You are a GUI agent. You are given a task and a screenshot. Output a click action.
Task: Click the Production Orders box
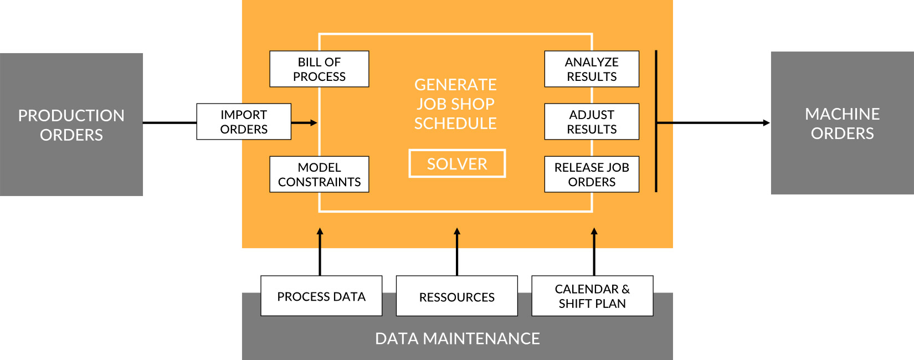(x=71, y=125)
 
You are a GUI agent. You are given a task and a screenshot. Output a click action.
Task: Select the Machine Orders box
(x=842, y=123)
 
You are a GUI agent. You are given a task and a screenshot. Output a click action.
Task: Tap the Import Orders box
(x=244, y=122)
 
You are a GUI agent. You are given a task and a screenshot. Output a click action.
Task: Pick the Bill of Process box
(x=319, y=69)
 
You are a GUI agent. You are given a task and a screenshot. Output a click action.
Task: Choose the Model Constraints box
(x=319, y=174)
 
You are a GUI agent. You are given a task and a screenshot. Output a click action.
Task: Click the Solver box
(x=457, y=164)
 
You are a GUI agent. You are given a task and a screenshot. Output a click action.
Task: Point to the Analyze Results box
(x=592, y=69)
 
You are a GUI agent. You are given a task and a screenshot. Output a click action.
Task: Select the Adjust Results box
(x=592, y=122)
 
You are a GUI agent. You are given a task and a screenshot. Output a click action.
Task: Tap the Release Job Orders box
(x=592, y=174)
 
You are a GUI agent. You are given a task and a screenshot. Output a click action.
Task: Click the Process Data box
(x=321, y=296)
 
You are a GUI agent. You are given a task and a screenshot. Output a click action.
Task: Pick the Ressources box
(x=456, y=296)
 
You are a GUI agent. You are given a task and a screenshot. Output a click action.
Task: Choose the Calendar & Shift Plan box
(x=592, y=296)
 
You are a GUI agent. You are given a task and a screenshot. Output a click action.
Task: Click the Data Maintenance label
(x=458, y=339)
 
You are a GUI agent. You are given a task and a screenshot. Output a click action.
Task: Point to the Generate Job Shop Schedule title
(x=455, y=104)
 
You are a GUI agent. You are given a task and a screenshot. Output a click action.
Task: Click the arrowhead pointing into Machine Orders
(x=766, y=123)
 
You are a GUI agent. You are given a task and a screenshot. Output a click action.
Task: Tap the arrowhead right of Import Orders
(x=314, y=122)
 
